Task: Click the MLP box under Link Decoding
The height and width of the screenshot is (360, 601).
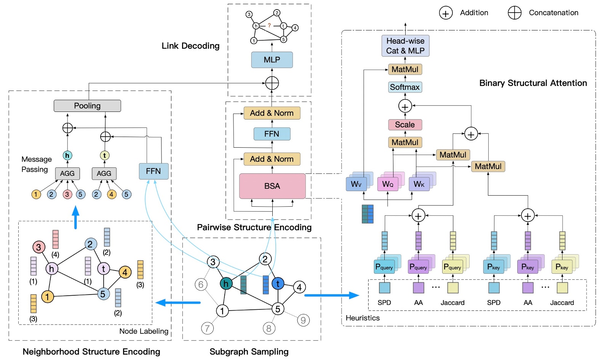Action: [272, 60]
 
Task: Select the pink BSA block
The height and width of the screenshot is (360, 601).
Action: [272, 186]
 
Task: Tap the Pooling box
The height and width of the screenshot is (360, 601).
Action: [87, 106]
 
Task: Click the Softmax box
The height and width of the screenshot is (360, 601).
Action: [405, 87]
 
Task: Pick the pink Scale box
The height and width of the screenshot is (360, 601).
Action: [405, 125]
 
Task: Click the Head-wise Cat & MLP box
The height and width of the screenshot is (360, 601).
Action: [405, 46]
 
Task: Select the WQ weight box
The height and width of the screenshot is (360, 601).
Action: [387, 184]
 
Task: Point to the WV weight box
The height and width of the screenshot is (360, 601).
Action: [356, 184]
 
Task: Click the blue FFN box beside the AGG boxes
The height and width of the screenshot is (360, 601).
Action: [153, 171]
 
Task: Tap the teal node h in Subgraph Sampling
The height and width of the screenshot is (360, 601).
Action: [226, 284]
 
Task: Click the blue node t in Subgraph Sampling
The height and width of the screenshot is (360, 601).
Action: [278, 284]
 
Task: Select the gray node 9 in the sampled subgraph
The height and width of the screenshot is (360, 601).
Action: [303, 320]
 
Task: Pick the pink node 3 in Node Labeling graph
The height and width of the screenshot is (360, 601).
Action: [38, 247]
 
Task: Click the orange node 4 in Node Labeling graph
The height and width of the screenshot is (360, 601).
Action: [125, 272]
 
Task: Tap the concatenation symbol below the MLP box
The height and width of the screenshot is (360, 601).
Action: [272, 83]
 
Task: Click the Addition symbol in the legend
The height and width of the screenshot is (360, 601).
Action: [446, 13]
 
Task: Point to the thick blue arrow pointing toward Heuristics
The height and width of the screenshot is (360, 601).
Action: [331, 295]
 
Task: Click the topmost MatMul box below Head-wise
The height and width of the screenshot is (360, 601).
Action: [405, 69]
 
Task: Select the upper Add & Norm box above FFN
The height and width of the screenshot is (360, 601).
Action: [272, 113]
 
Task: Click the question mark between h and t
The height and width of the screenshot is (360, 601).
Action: [269, 25]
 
